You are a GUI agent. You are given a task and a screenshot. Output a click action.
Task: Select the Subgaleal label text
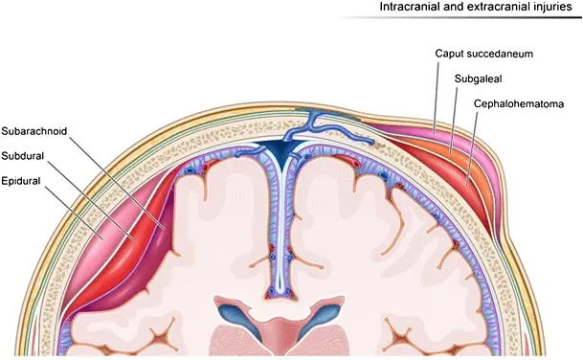[x=478, y=79]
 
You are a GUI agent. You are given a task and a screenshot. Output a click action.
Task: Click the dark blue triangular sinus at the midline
[x=282, y=151]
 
